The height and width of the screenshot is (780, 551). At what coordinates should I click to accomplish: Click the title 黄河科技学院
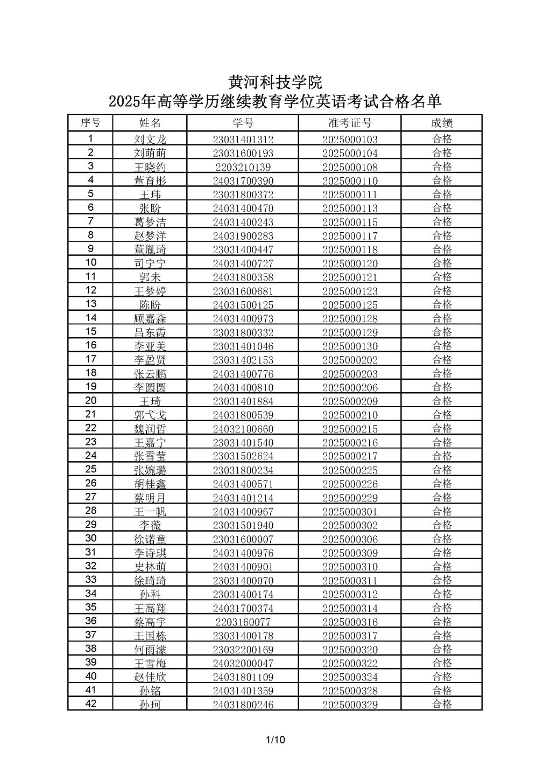pos(275,82)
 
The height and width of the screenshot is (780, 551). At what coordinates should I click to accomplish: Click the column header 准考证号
pos(350,123)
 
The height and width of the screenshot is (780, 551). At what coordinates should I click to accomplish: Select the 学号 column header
pos(243,123)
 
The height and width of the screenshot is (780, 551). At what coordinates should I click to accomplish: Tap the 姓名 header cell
pos(150,123)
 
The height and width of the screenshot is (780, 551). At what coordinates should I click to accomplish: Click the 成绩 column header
pos(442,123)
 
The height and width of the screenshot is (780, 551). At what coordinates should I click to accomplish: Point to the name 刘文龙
pos(150,140)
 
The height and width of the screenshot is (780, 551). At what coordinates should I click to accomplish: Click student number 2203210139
pos(243,167)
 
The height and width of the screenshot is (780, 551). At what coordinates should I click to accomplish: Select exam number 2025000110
pos(350,181)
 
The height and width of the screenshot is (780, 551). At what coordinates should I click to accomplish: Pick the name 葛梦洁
pos(150,222)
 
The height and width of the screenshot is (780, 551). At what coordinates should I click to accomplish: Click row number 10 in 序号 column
pos(91,263)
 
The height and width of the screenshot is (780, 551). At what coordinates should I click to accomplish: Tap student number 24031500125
pos(243,305)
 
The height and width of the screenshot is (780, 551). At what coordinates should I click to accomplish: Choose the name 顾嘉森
pos(150,318)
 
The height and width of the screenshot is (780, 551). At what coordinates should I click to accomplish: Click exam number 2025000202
pos(350,360)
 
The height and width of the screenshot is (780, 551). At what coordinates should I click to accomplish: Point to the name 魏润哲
pos(150,429)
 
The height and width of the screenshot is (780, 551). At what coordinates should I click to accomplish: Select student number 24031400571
pos(243,484)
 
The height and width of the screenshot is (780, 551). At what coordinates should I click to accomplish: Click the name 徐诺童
pos(150,539)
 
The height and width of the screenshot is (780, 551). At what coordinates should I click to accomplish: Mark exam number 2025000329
pos(350,705)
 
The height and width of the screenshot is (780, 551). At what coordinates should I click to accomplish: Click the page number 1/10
pos(275,740)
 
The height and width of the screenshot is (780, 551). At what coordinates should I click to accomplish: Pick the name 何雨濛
pos(150,650)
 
